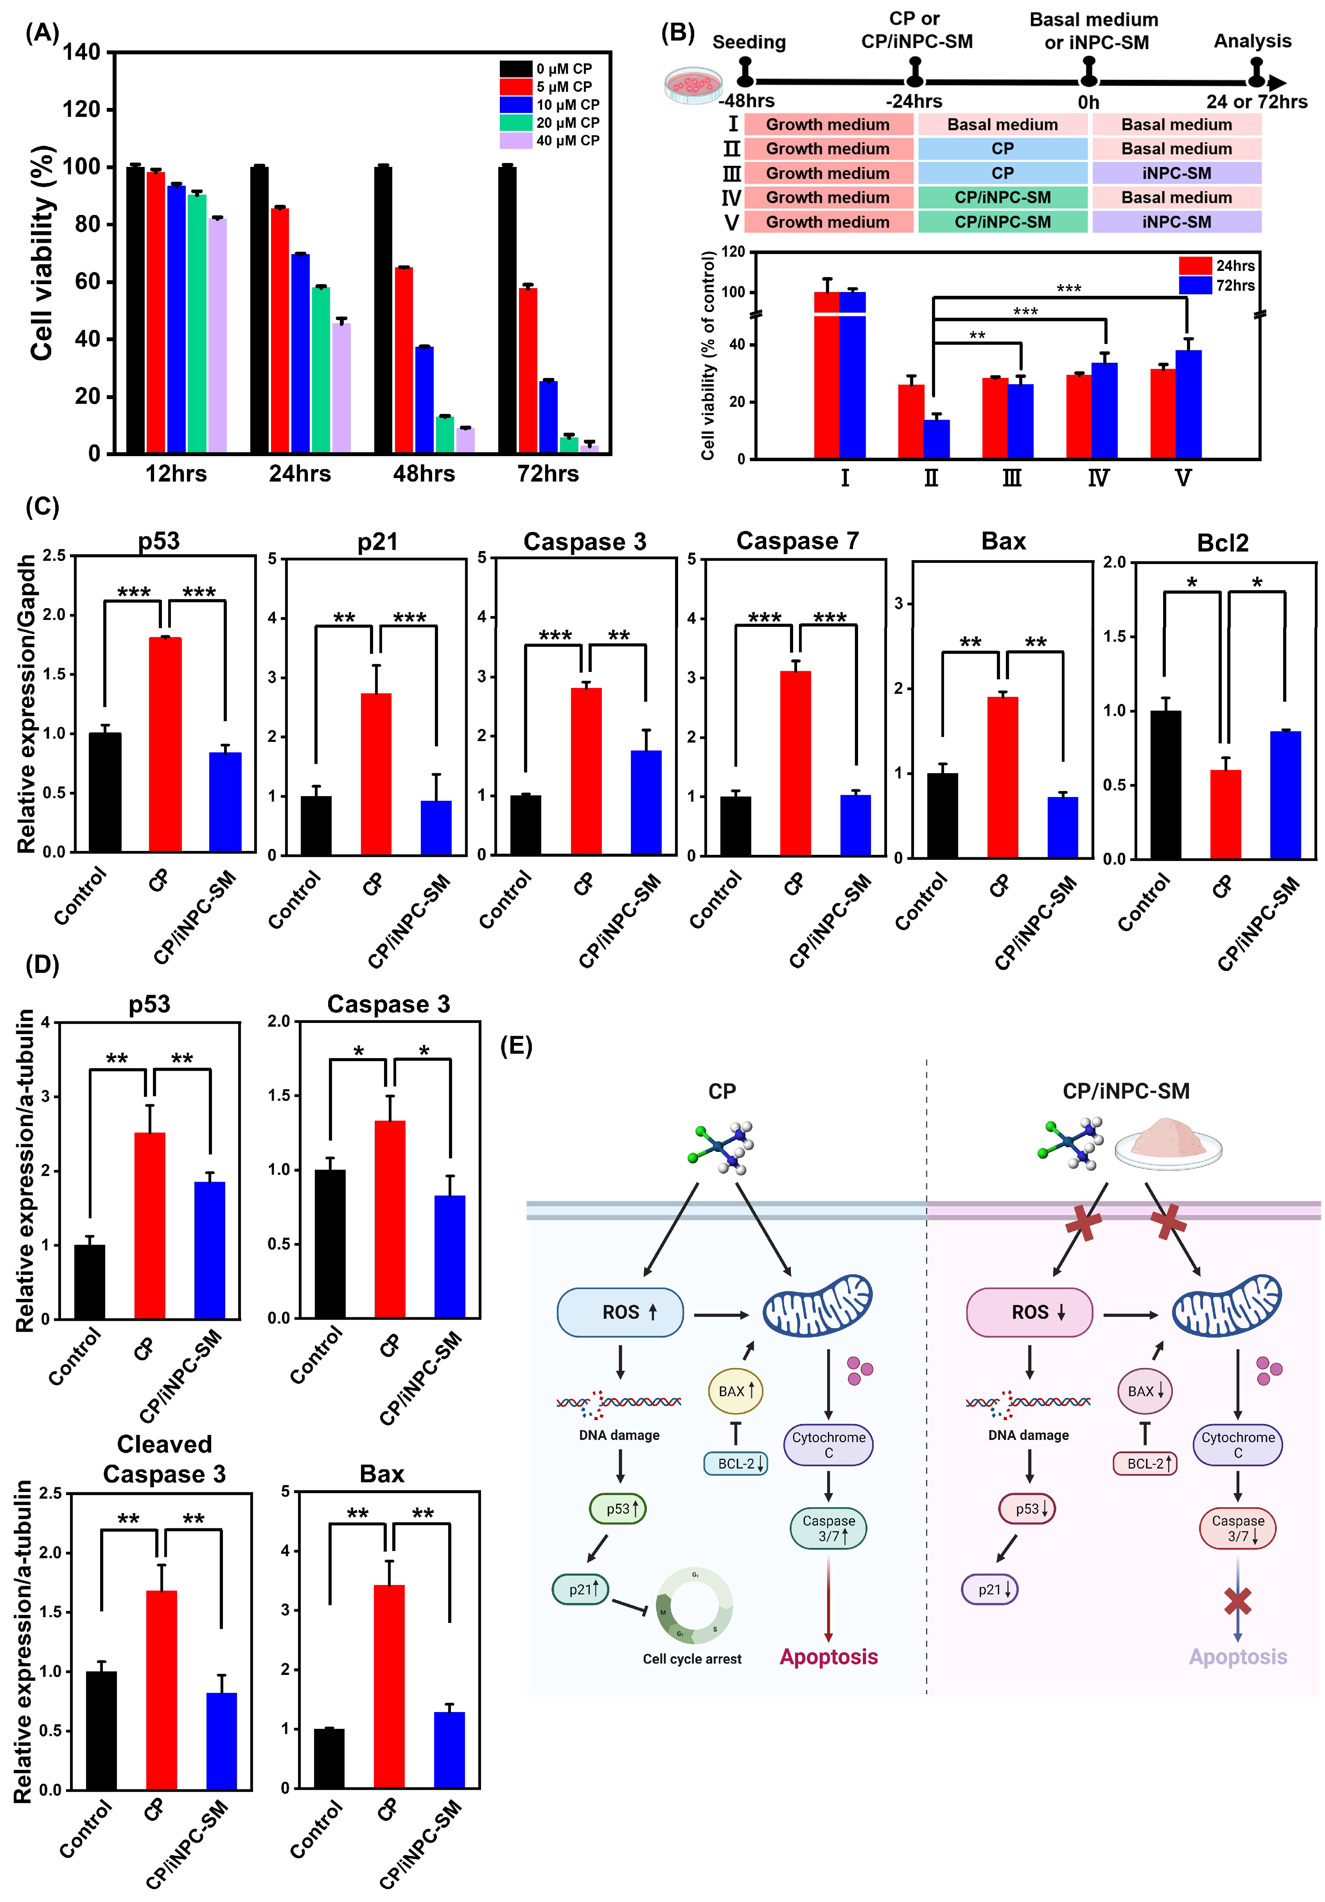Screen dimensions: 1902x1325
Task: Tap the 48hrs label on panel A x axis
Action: pyautogui.click(x=424, y=474)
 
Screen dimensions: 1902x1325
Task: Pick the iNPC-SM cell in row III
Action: pyautogui.click(x=1176, y=173)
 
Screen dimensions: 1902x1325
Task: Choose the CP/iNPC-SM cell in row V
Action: pyautogui.click(x=1002, y=222)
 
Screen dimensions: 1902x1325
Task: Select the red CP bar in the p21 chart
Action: pyautogui.click(x=376, y=773)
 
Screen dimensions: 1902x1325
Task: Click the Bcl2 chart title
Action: pyautogui.click(x=1222, y=543)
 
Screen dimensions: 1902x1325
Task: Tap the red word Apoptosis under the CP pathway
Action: pyautogui.click(x=828, y=1657)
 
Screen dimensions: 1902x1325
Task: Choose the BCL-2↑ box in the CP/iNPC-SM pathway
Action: pyautogui.click(x=1144, y=1464)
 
